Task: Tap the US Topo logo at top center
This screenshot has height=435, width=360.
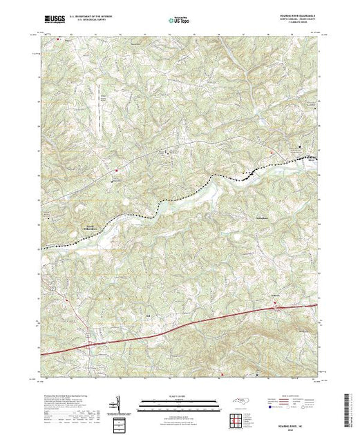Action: (x=180, y=21)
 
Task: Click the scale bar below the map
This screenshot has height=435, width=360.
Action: (x=180, y=403)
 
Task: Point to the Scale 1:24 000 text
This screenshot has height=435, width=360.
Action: (x=180, y=395)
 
